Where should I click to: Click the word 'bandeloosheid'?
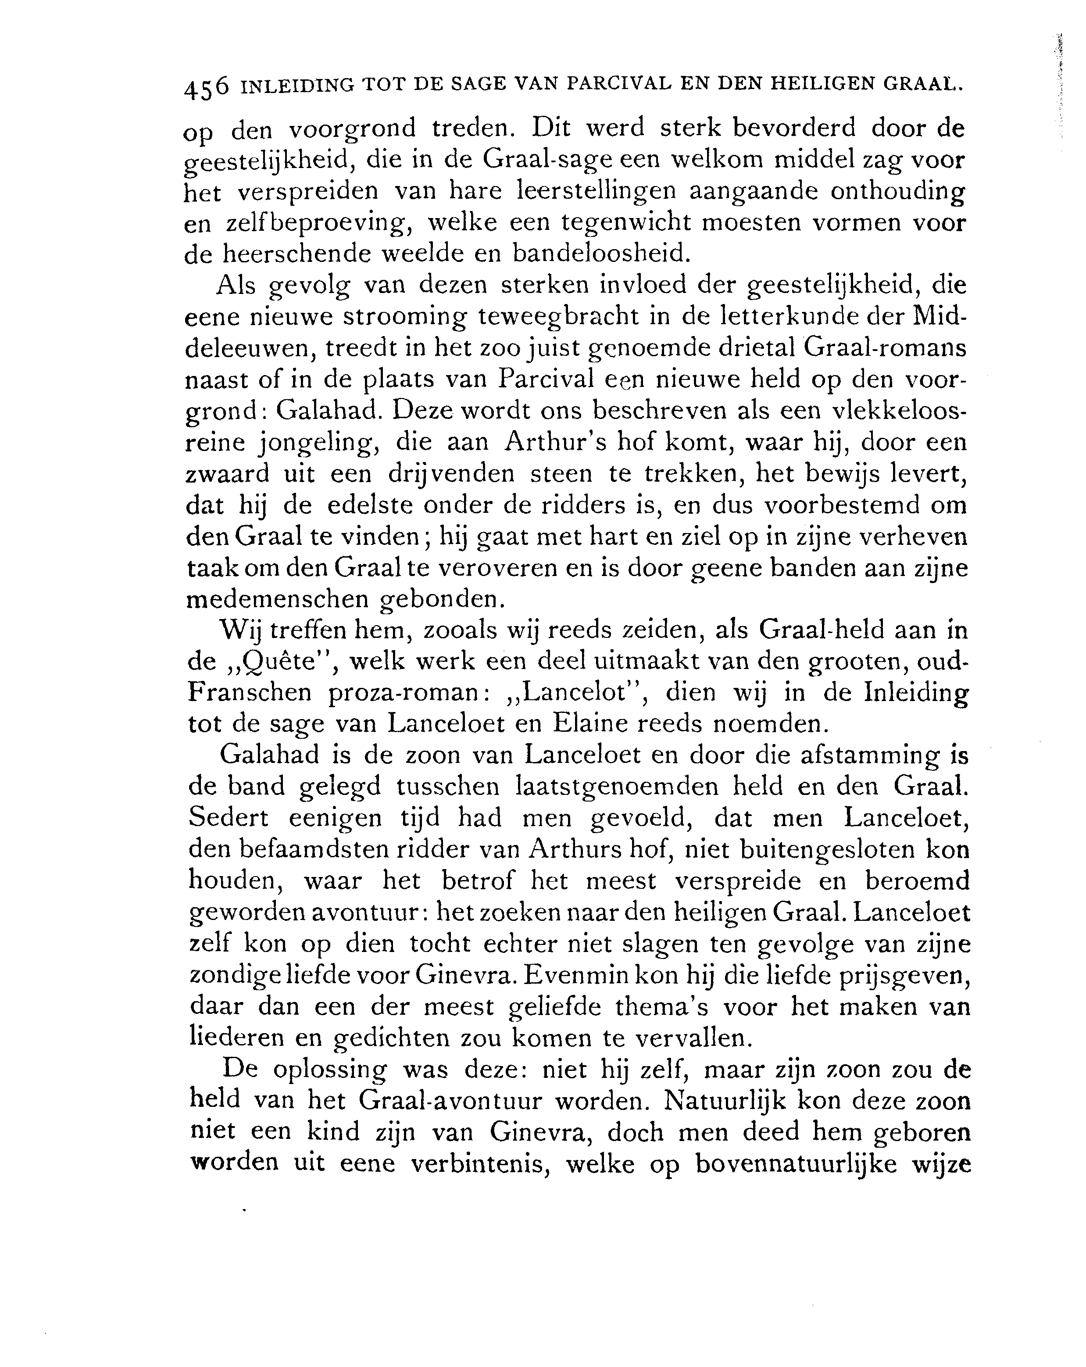(x=600, y=254)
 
